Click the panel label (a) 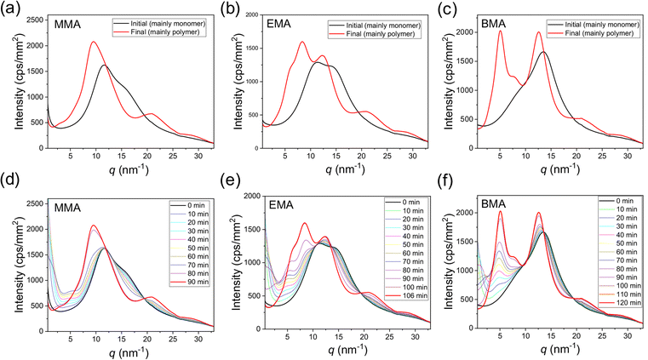(9, 9)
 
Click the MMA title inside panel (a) (67, 25)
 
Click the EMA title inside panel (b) (279, 24)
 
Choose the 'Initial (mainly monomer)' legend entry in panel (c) (594, 25)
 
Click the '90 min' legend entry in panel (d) (190, 282)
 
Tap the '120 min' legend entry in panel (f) (620, 303)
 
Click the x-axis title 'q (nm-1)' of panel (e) (346, 350)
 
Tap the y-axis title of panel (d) (19, 266)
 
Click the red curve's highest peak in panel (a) (94, 42)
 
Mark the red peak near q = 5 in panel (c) (500, 31)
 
